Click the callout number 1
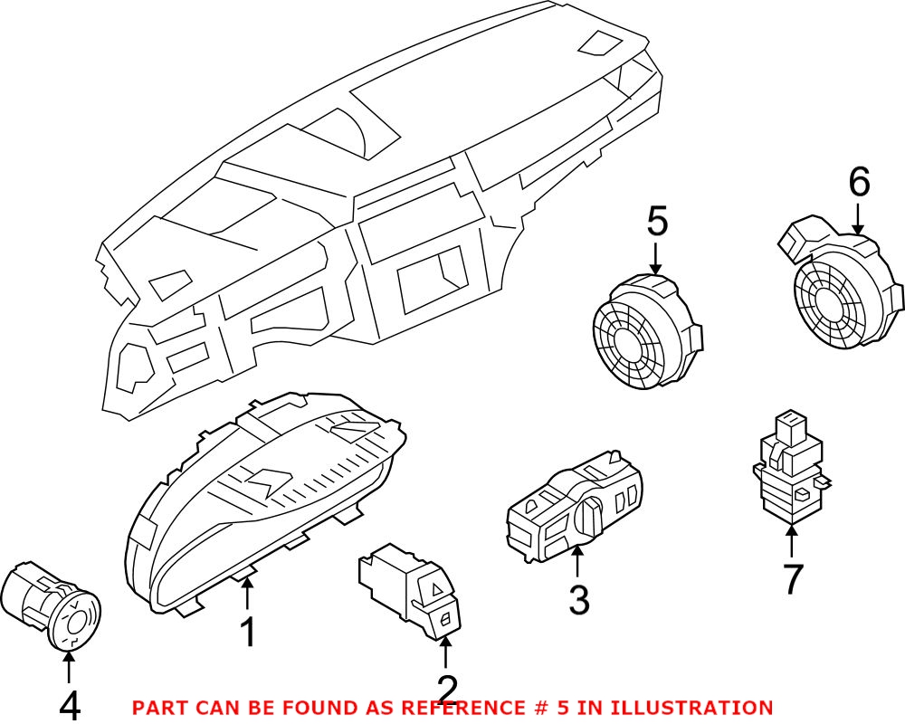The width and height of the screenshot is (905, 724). pyautogui.click(x=247, y=633)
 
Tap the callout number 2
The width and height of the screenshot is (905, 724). pyautogui.click(x=448, y=691)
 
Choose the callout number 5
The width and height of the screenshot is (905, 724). pyautogui.click(x=657, y=222)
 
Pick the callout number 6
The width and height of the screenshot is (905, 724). pyautogui.click(x=859, y=184)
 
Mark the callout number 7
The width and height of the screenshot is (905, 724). pyautogui.click(x=793, y=579)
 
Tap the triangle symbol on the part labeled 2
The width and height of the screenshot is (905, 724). pyautogui.click(x=436, y=591)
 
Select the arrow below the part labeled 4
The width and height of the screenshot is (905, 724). pyautogui.click(x=69, y=667)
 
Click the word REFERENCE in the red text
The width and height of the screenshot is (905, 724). pyautogui.click(x=472, y=708)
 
